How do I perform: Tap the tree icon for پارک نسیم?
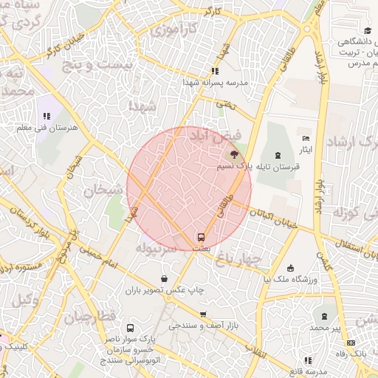[234, 154]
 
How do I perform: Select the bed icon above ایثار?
[306, 139]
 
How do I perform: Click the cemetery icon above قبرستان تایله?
[277, 155]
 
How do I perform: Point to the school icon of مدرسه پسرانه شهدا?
[215, 71]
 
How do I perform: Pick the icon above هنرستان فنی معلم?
[47, 115]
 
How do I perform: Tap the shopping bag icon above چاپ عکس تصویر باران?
[164, 278]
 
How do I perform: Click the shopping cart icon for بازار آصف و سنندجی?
[204, 315]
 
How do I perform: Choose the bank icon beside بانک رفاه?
[351, 343]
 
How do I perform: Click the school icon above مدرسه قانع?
[308, 360]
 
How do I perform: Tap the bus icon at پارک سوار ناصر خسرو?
[131, 329]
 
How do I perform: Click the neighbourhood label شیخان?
[100, 191]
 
